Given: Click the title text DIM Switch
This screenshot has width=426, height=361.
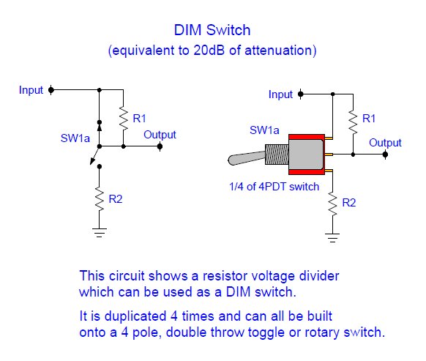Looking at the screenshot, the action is point(212,30).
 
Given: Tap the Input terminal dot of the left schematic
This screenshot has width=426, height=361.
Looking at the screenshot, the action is point(51,90).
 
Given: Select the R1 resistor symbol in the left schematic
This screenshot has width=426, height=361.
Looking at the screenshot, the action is point(124,119).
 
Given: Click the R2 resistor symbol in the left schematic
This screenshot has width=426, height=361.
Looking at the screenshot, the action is point(100,199).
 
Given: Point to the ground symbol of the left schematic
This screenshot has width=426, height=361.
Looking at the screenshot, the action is point(100,233).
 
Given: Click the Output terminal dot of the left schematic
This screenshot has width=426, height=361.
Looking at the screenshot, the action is point(160,146).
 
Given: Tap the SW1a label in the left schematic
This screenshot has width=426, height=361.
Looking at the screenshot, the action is point(75,138).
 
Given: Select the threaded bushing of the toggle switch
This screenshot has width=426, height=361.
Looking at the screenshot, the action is point(277,155).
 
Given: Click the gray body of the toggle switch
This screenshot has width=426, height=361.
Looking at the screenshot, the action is point(306,155).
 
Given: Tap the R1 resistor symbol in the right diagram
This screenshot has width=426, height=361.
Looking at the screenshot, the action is point(354,122).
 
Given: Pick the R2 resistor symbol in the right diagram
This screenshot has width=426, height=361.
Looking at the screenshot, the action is point(332,204).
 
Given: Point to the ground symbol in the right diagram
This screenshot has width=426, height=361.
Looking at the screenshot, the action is point(332,237).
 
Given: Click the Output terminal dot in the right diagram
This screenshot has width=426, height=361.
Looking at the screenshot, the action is point(385,155).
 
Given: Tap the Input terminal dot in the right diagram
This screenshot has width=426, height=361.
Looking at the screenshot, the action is point(301,94).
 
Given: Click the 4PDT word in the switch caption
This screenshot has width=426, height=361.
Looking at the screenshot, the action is point(272,187).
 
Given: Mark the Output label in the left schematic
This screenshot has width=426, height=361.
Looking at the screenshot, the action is point(160,135).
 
